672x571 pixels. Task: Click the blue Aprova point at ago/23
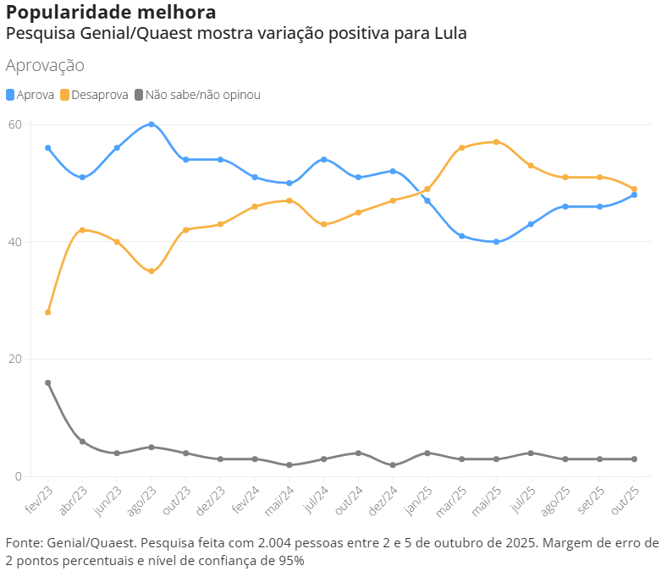coord(151,124)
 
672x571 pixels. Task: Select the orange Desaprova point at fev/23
coord(48,312)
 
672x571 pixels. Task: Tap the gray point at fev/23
coord(48,382)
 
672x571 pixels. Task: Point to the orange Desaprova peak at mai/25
coord(496,142)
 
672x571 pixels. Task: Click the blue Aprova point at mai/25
coord(496,242)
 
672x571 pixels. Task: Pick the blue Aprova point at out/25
coord(634,195)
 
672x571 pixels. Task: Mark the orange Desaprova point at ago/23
coord(151,272)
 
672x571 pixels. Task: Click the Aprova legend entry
coord(30,95)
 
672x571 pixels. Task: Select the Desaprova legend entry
coord(94,95)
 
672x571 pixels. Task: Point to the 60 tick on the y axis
coord(14,124)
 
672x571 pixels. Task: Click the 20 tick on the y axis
coord(14,359)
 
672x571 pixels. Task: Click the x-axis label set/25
coord(593,499)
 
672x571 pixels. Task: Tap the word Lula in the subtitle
coord(450,34)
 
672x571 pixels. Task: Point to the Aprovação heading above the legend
coord(45,65)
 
